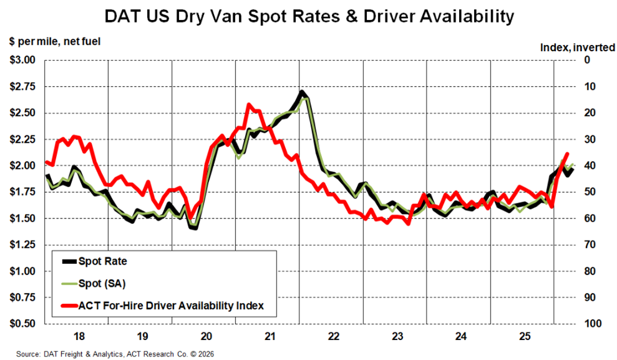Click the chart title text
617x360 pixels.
[x=308, y=15]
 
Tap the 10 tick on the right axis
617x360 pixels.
[x=590, y=87]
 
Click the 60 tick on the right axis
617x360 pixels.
[x=590, y=218]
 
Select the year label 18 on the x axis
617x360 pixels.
[x=79, y=337]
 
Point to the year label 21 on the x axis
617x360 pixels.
[x=269, y=337]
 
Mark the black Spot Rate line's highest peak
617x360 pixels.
[x=301, y=92]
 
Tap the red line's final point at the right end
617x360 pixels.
[x=567, y=153]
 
